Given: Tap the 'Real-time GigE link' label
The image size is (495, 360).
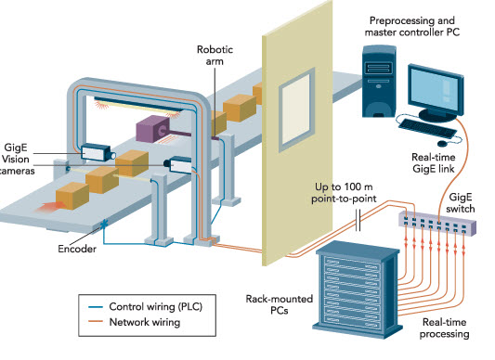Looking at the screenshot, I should pos(434,164).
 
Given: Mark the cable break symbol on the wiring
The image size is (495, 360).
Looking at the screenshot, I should pos(358,224).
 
